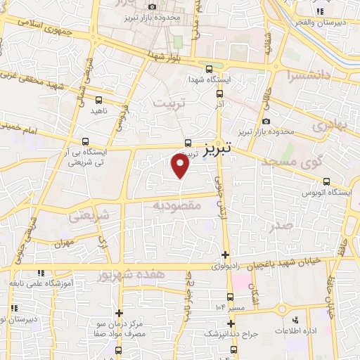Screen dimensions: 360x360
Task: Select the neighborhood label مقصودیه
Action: pos(178,206)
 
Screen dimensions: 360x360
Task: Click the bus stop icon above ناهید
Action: pos(98,100)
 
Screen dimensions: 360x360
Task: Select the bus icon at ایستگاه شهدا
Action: pos(209,68)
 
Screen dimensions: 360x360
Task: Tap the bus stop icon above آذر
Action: pos(220,93)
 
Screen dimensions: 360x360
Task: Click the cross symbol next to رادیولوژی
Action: pos(225,255)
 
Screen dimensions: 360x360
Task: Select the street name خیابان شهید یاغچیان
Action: pos(278,262)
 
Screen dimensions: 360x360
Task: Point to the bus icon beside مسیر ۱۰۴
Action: pos(230,296)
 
